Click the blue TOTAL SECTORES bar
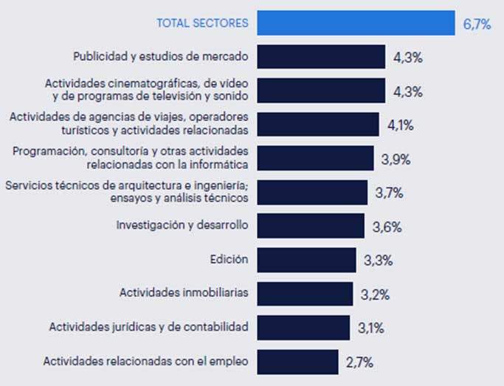click(x=356, y=23)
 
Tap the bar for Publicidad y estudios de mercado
click(x=322, y=57)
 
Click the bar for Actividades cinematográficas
click(x=322, y=91)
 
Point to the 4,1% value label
click(x=401, y=125)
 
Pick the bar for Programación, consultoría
click(x=316, y=158)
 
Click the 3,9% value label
click(x=396, y=159)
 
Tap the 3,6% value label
click(x=387, y=227)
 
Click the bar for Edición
click(x=308, y=260)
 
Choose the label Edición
click(x=229, y=259)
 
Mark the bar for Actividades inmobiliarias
click(x=305, y=294)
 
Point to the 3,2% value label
click(x=376, y=294)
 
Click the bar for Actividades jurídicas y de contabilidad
click(x=304, y=328)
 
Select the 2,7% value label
click(x=359, y=362)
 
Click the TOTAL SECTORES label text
click(x=202, y=24)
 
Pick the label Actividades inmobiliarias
click(x=184, y=293)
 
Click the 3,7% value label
click(x=390, y=193)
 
